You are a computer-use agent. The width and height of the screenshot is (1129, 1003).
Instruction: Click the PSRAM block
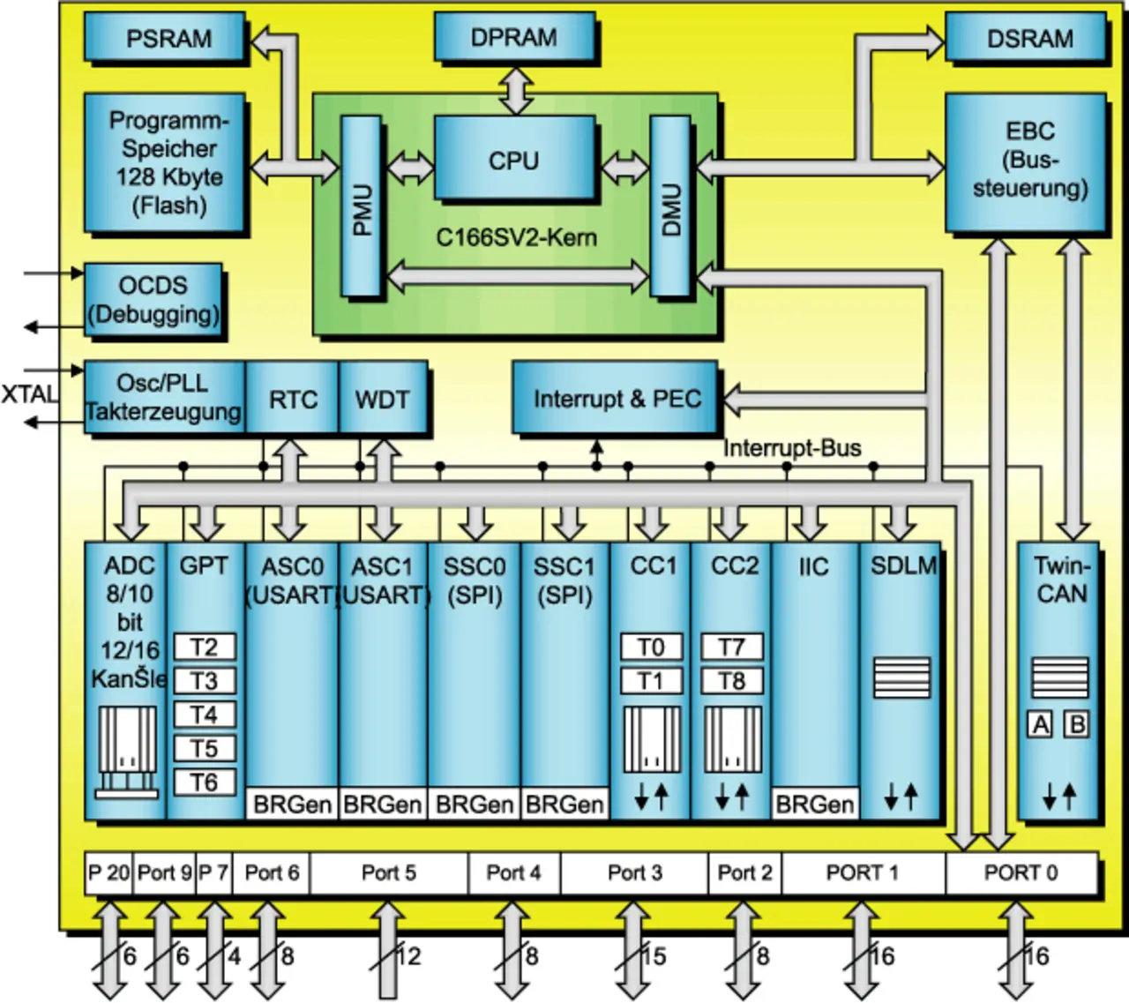pyautogui.click(x=166, y=39)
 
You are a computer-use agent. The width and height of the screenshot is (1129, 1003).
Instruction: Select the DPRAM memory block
pyautogui.click(x=513, y=38)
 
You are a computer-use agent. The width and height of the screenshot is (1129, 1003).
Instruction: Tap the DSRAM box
pyautogui.click(x=1028, y=39)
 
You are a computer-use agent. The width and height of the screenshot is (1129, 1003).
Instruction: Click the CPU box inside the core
pyautogui.click(x=513, y=161)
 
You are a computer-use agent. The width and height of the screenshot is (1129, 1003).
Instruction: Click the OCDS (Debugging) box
pyautogui.click(x=153, y=300)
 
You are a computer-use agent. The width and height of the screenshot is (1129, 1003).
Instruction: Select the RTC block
pyautogui.click(x=293, y=400)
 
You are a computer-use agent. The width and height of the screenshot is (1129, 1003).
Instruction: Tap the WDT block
pyautogui.click(x=382, y=400)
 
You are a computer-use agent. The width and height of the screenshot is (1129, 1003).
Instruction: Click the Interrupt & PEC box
pyautogui.click(x=617, y=399)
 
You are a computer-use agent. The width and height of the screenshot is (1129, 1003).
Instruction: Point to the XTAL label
pyautogui.click(x=28, y=394)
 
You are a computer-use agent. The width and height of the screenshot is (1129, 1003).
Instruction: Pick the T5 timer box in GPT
pyautogui.click(x=204, y=749)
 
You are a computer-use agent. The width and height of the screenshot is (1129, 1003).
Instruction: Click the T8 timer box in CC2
pyautogui.click(x=731, y=681)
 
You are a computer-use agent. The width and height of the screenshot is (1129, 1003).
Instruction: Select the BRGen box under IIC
pyautogui.click(x=814, y=805)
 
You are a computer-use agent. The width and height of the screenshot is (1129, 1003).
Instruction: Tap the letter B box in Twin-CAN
pyautogui.click(x=1077, y=724)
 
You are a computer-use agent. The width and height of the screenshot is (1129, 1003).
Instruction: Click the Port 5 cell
pyautogui.click(x=388, y=873)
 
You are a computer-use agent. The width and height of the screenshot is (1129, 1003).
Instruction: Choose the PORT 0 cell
pyautogui.click(x=1021, y=873)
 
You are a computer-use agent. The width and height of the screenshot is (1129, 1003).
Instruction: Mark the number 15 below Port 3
pyautogui.click(x=654, y=956)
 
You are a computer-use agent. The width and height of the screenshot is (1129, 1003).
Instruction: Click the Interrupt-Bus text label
pyautogui.click(x=792, y=448)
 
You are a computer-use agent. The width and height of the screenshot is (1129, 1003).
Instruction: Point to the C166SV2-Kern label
pyautogui.click(x=516, y=237)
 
